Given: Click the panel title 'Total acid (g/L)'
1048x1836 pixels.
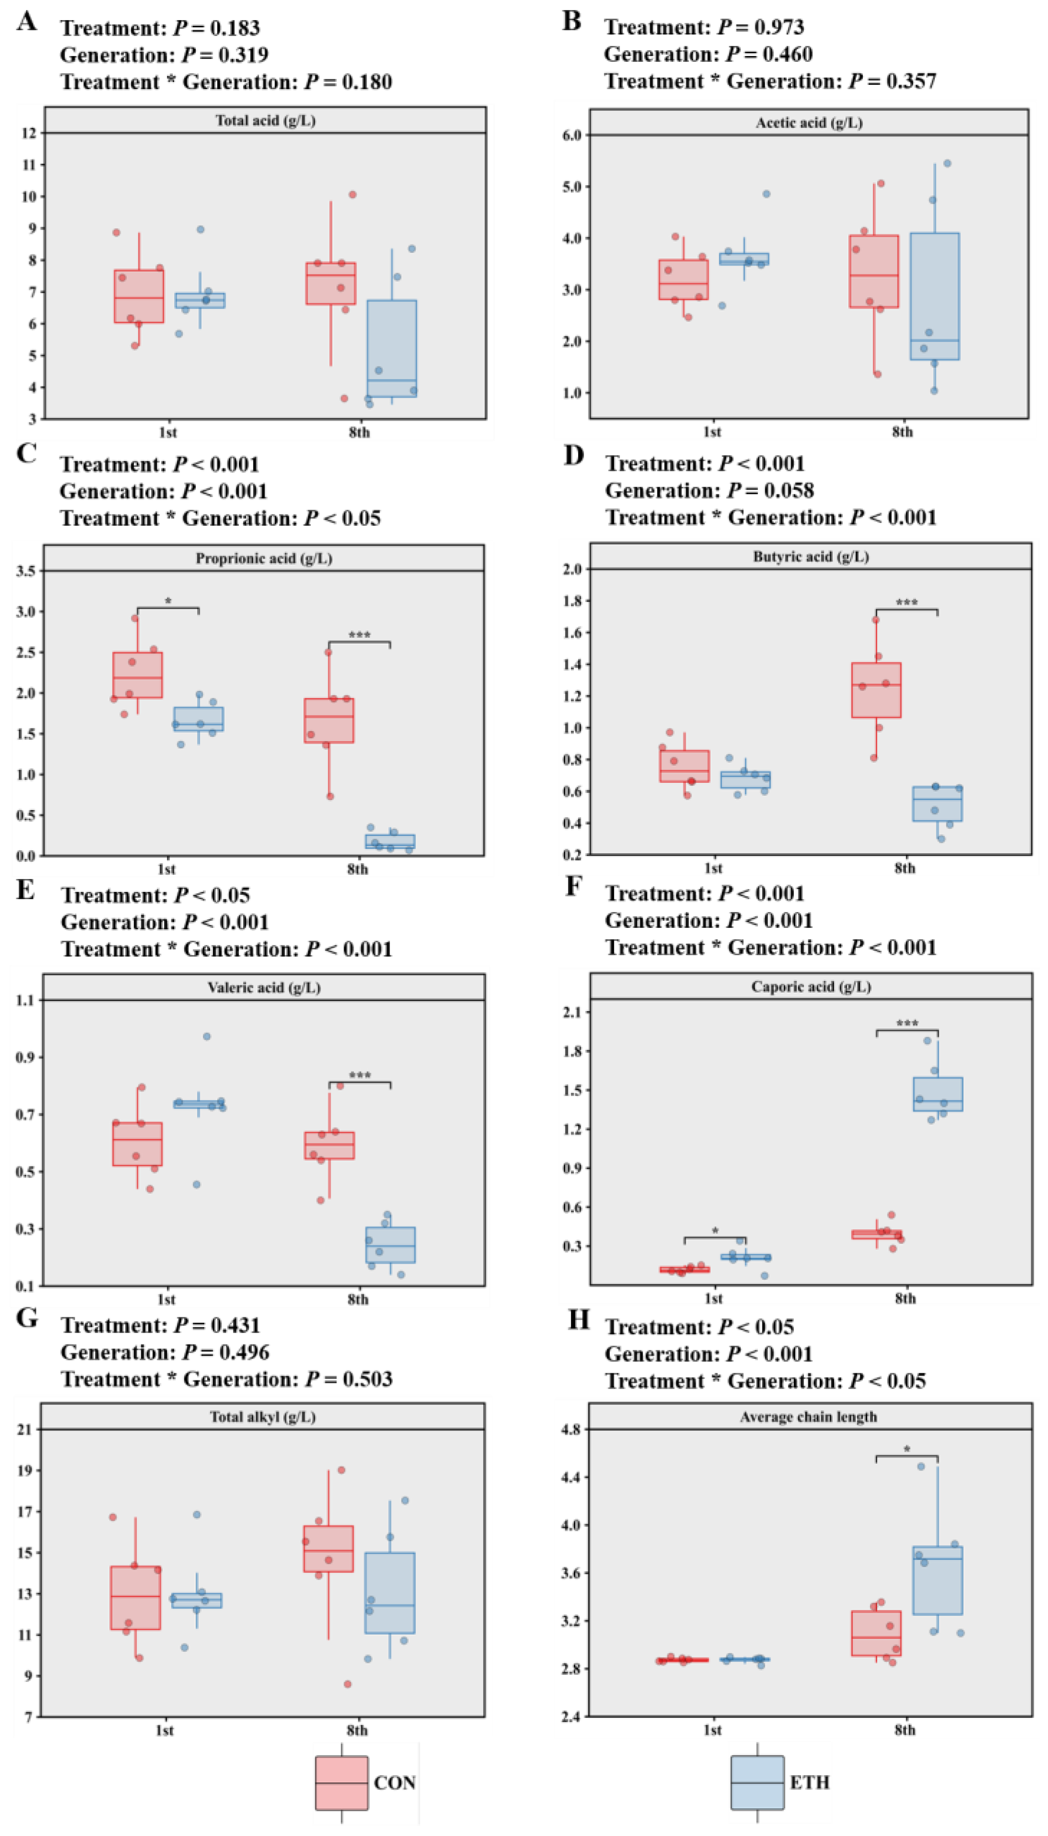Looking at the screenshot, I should (265, 120).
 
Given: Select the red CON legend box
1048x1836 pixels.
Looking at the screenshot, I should (341, 1782).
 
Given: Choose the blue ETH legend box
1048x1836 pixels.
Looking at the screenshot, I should (757, 1782).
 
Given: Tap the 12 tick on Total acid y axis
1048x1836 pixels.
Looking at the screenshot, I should (29, 133).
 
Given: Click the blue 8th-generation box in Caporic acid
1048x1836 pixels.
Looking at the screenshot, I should (938, 1094).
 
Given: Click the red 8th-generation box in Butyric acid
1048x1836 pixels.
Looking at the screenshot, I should (876, 690).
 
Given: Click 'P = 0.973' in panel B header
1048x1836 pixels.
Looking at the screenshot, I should (761, 27).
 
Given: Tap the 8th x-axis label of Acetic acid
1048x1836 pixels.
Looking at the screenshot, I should (903, 432).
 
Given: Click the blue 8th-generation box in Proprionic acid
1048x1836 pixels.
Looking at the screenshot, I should (390, 841).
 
